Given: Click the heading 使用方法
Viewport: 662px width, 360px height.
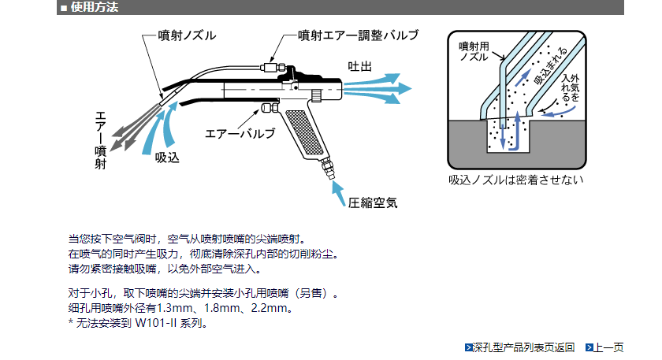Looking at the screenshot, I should (x=95, y=8).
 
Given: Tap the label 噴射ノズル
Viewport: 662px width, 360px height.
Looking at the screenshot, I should (x=187, y=35).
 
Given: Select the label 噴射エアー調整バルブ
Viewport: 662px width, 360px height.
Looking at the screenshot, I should (x=358, y=35).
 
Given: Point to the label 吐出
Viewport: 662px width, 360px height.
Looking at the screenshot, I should (x=359, y=65).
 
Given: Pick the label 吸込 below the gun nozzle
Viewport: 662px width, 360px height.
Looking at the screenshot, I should (x=167, y=158).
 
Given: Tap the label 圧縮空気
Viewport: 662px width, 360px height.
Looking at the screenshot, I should (x=373, y=202).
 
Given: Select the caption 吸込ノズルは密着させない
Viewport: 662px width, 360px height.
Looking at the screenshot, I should (x=515, y=180).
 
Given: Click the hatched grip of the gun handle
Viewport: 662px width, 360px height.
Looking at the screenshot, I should (x=304, y=134).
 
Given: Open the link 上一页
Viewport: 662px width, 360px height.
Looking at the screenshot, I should (x=607, y=347).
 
